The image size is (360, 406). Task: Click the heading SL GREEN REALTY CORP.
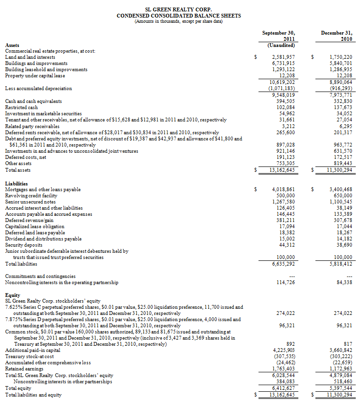coord(179,9)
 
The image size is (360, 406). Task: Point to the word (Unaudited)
coord(282,46)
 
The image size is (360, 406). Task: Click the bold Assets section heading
coord(12,45)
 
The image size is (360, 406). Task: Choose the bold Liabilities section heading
coord(16,184)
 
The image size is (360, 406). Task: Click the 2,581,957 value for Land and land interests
coord(284,57)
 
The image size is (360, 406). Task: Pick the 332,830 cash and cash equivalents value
coord(341,101)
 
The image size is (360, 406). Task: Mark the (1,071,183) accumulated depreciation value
coord(282,88)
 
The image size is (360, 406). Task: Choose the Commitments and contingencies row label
coord(40,276)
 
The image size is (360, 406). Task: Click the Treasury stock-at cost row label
coord(29,356)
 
